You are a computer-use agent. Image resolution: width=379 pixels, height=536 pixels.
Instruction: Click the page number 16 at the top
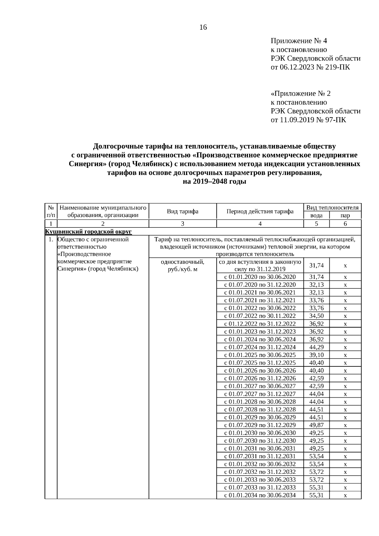(x=203, y=27)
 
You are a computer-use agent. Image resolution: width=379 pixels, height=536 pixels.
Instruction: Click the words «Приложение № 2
(x=301, y=93)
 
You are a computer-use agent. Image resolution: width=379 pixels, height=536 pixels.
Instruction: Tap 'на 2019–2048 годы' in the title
(x=214, y=182)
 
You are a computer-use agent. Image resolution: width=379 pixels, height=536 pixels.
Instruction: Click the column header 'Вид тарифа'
(x=183, y=211)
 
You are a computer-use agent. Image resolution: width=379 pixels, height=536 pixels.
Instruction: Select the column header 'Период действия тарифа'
(x=260, y=211)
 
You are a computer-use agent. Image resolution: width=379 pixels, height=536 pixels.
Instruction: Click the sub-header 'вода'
(x=316, y=215)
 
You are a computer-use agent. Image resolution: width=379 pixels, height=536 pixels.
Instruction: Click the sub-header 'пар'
(x=345, y=215)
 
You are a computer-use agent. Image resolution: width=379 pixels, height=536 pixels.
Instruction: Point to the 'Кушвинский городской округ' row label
(x=88, y=232)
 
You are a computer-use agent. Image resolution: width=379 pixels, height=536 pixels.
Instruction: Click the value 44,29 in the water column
(x=316, y=347)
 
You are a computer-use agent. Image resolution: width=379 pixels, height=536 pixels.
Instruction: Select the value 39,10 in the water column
(x=316, y=355)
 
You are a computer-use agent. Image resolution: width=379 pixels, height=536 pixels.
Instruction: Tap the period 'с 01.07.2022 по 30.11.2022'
(x=260, y=316)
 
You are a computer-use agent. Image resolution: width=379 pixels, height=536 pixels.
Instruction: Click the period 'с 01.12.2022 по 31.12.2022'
(x=260, y=324)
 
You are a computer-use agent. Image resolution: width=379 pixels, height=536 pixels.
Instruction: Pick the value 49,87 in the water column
(x=316, y=425)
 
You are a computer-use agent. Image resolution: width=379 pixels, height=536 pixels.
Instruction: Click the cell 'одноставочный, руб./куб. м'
(x=183, y=266)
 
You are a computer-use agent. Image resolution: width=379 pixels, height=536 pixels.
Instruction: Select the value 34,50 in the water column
(x=316, y=316)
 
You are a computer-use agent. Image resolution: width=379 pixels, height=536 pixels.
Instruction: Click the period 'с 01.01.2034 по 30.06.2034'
(x=260, y=495)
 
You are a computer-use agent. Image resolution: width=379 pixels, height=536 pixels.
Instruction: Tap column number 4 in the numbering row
(x=260, y=224)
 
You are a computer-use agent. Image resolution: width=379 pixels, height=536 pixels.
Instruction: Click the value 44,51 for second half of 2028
(x=316, y=410)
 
